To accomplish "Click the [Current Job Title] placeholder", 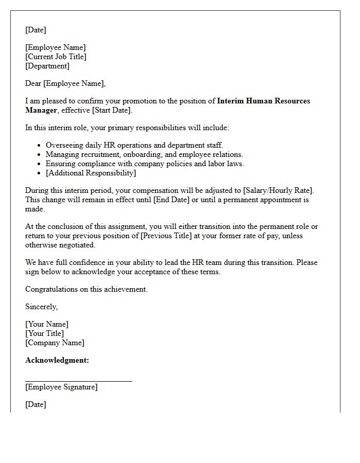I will pyautogui.click(x=56, y=57).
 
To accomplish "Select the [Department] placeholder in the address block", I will pyautogui.click(x=47, y=66).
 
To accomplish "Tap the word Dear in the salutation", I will pyautogui.click(x=33, y=83).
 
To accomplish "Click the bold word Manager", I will pyautogui.click(x=41, y=110).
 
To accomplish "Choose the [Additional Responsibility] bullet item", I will pyautogui.click(x=91, y=173).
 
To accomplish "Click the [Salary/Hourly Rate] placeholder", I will pyautogui.click(x=277, y=190).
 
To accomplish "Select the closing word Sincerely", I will pyautogui.click(x=42, y=307).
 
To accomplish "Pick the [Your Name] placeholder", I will pyautogui.click(x=47, y=324).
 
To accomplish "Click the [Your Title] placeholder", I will pyautogui.click(x=45, y=333).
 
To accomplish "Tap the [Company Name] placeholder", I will pyautogui.click(x=55, y=343).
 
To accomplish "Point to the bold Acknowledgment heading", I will pyautogui.click(x=57, y=360).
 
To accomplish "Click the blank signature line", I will pyautogui.click(x=79, y=381).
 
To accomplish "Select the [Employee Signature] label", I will pyautogui.click(x=61, y=387).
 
